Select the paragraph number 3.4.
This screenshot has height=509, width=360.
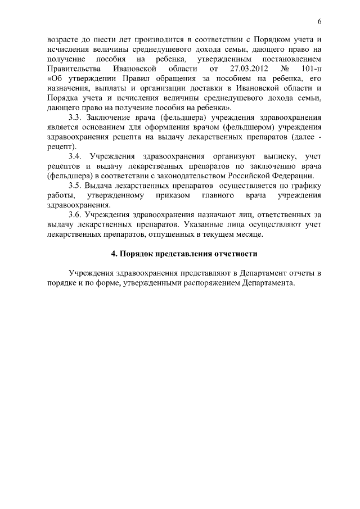(x=76, y=156)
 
